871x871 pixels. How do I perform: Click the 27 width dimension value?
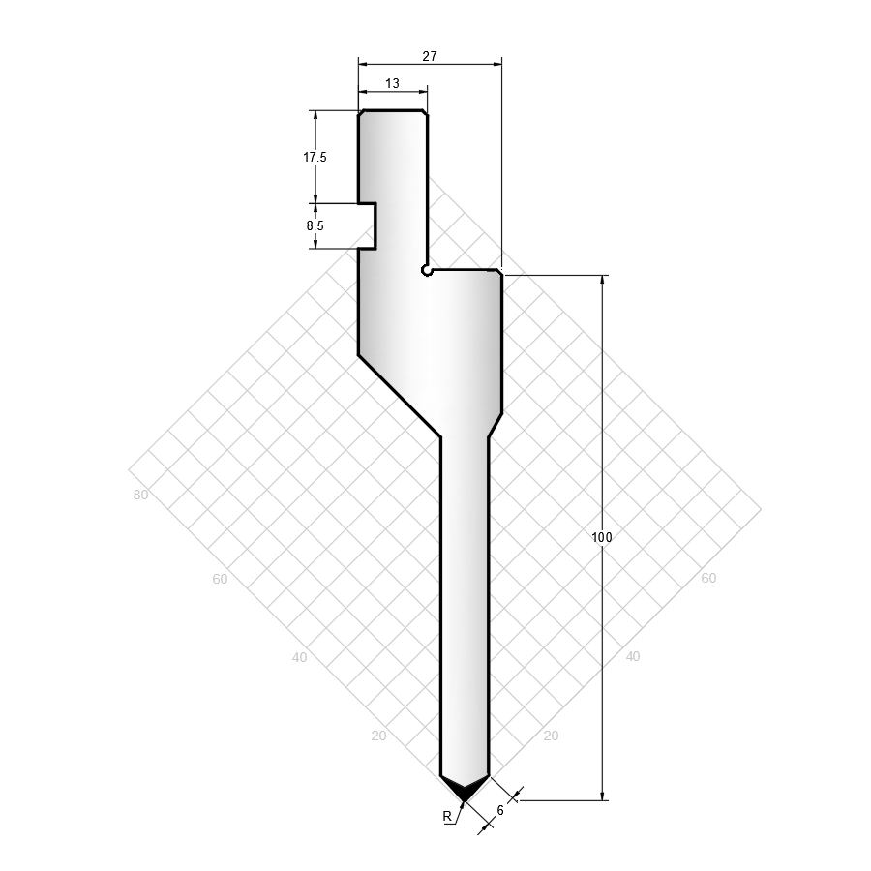(430, 56)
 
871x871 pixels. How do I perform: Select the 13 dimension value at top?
(392, 83)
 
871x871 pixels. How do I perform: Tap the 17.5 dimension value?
(315, 157)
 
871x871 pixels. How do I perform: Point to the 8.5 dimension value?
(315, 225)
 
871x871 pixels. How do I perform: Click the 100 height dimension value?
(602, 537)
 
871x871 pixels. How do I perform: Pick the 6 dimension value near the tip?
(500, 810)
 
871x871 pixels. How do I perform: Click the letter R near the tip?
(447, 816)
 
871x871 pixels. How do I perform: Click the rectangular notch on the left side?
(367, 226)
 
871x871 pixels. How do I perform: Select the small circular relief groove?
(426, 271)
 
